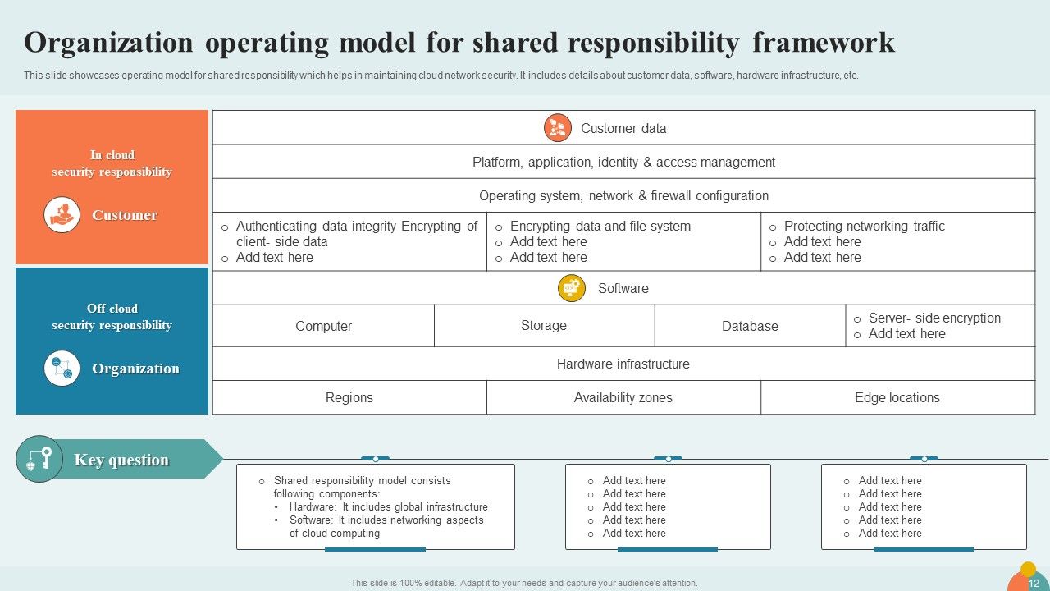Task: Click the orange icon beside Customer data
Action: click(x=558, y=128)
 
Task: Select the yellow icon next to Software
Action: click(x=572, y=288)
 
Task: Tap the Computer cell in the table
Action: click(x=323, y=326)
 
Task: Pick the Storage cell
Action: click(x=544, y=325)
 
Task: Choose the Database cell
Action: click(x=750, y=326)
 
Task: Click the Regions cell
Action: click(x=349, y=397)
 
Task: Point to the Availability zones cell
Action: click(x=623, y=397)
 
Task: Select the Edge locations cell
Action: click(x=897, y=397)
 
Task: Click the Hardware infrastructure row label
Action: click(x=623, y=364)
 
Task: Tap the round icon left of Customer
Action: click(x=62, y=215)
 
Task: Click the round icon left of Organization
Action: click(x=62, y=369)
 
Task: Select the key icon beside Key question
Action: click(x=39, y=459)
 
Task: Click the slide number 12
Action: click(x=1034, y=584)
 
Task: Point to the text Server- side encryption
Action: click(x=934, y=318)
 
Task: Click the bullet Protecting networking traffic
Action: click(x=864, y=227)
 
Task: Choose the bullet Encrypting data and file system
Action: click(x=600, y=227)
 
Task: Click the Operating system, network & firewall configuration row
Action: click(x=623, y=195)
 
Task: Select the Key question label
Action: click(x=121, y=460)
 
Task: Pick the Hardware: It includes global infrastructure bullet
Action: click(x=388, y=507)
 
